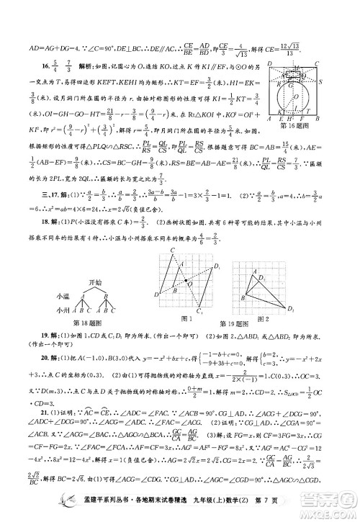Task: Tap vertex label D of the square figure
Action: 268,64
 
